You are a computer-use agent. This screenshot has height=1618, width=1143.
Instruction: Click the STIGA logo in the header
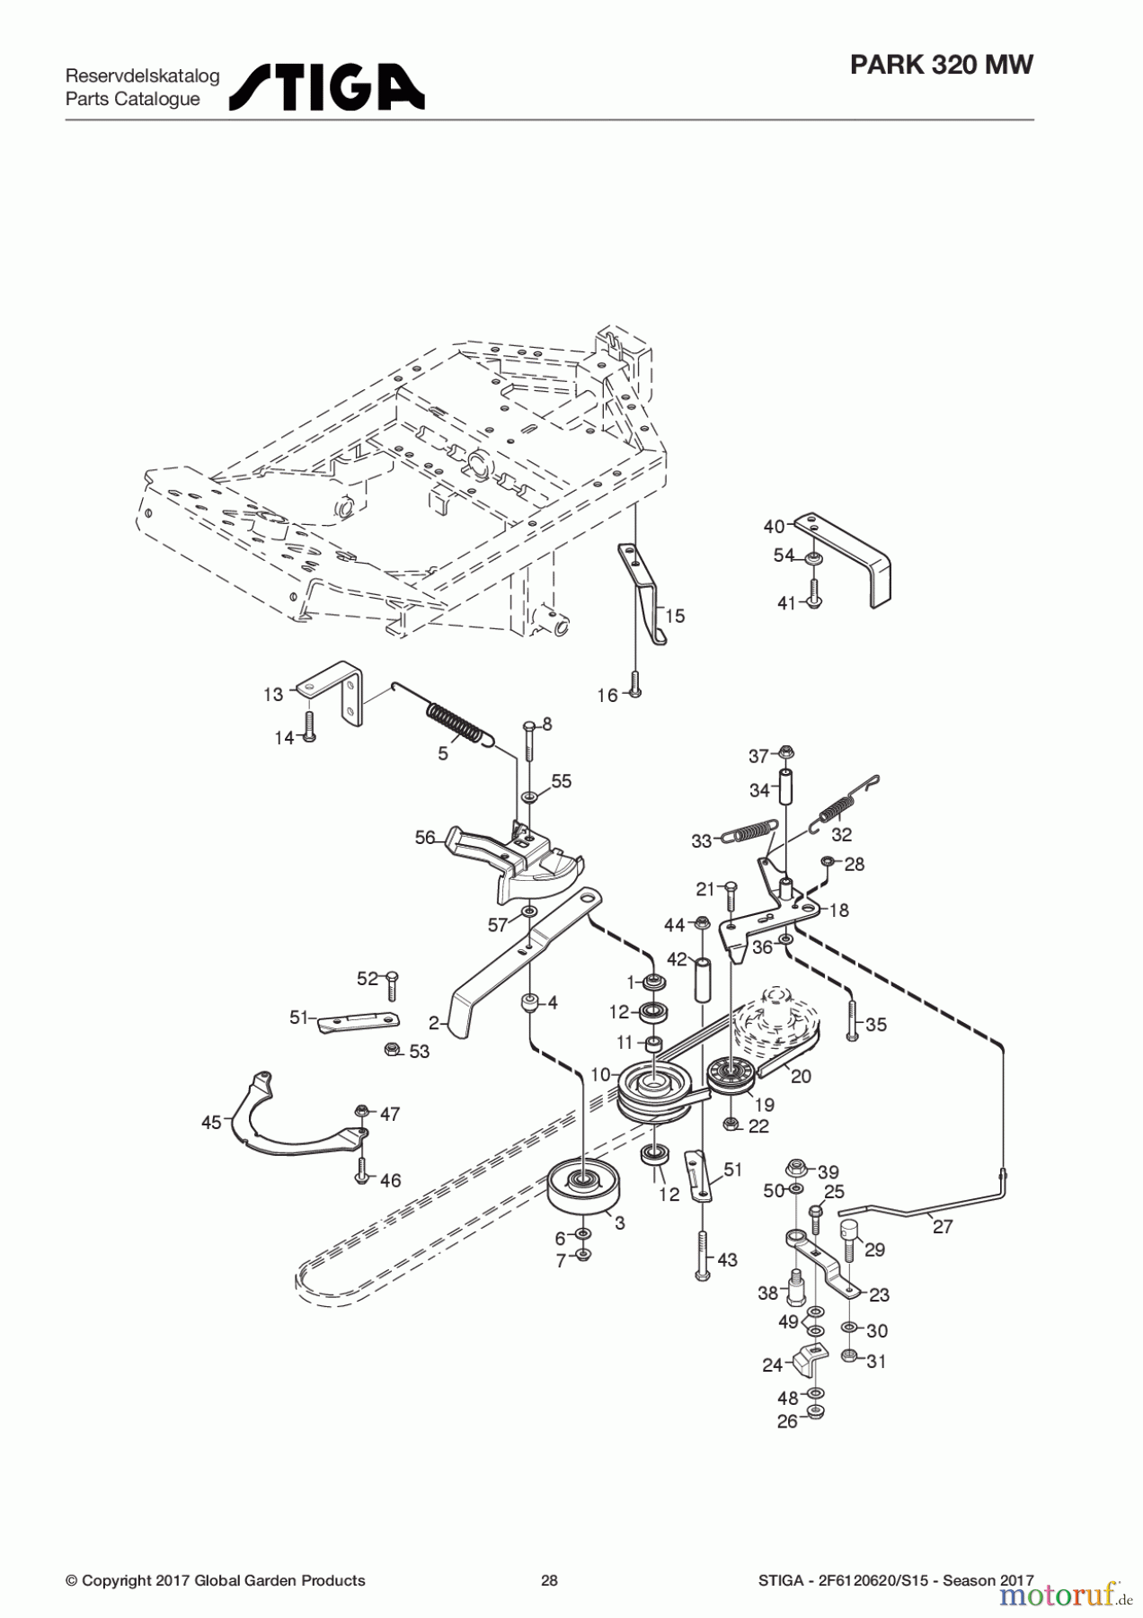(x=326, y=87)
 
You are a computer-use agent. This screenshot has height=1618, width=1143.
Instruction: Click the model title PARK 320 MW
(x=941, y=65)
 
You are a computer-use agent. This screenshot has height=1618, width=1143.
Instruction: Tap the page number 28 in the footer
(x=549, y=1580)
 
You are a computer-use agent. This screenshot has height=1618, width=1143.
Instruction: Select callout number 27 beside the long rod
(x=943, y=1226)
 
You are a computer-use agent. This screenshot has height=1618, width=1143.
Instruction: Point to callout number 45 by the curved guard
(x=211, y=1122)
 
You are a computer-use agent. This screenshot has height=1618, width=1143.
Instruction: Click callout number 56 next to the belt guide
(x=425, y=838)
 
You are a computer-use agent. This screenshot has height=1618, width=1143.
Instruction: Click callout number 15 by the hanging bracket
(x=674, y=616)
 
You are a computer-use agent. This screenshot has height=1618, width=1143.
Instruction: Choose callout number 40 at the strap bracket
(x=774, y=526)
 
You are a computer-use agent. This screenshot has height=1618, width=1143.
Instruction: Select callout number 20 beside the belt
(x=800, y=1076)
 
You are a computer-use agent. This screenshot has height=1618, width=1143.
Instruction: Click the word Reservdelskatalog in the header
(x=142, y=76)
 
